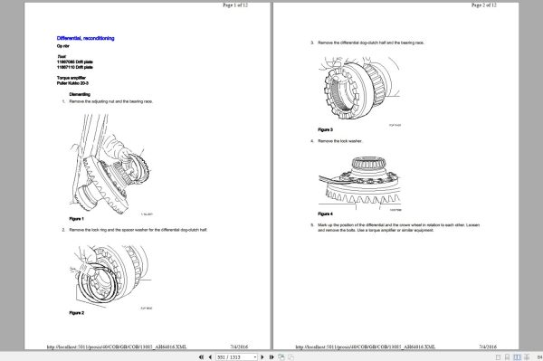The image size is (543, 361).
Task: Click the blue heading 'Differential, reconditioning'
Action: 86,37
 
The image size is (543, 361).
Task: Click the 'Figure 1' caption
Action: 76,219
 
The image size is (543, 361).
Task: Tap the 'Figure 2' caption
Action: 76,311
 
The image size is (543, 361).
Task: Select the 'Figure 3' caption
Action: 326,129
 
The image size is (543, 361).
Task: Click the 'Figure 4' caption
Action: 326,213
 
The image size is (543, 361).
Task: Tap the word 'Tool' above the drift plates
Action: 62,55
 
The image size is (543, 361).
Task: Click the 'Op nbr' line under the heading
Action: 62,45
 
